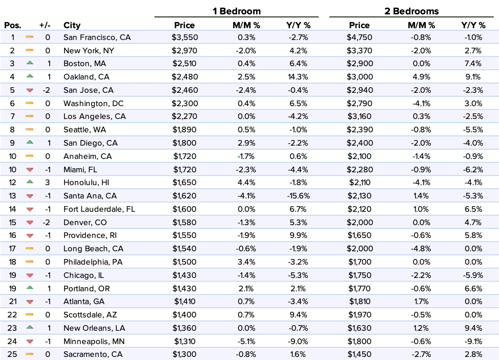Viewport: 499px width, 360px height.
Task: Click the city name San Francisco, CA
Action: click(97, 37)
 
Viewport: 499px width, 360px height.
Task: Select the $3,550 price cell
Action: click(184, 37)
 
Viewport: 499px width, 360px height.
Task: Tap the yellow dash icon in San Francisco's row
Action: click(29, 37)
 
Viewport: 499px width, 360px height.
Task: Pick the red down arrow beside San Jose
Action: click(29, 90)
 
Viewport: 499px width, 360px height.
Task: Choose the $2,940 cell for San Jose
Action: click(360, 90)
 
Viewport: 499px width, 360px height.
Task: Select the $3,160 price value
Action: click(360, 116)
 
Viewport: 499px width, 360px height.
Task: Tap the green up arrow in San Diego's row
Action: click(29, 142)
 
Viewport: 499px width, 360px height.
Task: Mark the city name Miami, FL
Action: click(80, 169)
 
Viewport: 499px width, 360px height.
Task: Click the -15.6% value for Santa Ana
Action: click(297, 196)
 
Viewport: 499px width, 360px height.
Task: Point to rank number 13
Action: click(13, 196)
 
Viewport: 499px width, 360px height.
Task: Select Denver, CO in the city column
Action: click(85, 223)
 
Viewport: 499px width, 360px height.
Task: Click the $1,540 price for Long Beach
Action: click(184, 249)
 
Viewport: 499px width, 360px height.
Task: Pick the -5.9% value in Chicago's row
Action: click(473, 275)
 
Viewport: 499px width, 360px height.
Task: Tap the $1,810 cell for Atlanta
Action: click(360, 302)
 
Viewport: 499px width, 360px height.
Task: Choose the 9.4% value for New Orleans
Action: click(473, 328)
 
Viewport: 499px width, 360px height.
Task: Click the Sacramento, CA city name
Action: click(93, 354)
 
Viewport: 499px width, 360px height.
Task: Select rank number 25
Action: click(13, 354)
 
